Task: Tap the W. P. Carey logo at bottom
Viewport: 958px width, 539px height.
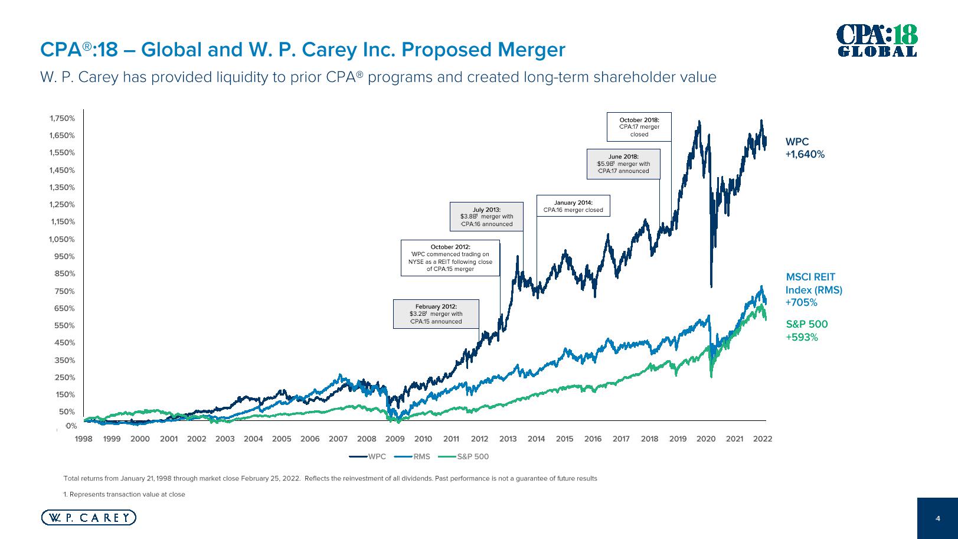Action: point(89,518)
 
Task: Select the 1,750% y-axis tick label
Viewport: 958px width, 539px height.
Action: point(63,118)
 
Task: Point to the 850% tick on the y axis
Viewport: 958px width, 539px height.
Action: point(64,274)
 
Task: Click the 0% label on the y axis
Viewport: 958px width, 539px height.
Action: point(71,426)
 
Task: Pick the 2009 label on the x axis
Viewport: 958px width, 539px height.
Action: point(395,439)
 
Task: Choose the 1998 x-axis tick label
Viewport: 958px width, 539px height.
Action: point(84,439)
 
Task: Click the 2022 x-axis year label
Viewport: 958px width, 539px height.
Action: point(763,439)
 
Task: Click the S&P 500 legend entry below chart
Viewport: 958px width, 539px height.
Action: point(465,456)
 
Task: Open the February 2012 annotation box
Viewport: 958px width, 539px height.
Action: point(436,314)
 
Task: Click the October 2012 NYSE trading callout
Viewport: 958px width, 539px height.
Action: point(450,258)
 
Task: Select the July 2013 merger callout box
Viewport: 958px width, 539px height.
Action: point(486,217)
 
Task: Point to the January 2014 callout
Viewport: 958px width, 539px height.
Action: point(573,206)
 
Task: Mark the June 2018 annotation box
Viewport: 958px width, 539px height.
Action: point(623,164)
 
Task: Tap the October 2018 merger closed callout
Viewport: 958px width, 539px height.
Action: point(639,127)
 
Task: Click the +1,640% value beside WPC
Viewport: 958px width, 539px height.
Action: point(805,155)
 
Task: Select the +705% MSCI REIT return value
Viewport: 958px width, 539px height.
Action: point(801,303)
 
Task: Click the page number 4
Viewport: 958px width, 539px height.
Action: point(938,518)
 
